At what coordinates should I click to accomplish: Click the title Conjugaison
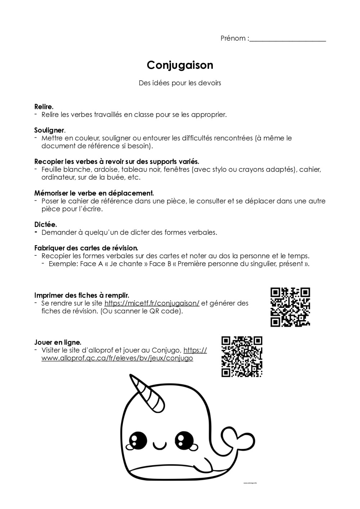180,65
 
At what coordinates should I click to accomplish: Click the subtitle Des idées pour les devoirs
180,83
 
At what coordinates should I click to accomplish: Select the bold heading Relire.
44,106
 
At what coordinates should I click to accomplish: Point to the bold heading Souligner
50,130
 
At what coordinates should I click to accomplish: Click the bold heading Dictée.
45,224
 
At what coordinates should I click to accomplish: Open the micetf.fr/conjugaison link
152,303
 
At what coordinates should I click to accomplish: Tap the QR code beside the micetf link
290,307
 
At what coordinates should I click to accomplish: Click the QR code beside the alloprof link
242,356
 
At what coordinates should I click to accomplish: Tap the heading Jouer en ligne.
58,342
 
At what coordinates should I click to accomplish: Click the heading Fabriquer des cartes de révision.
86,248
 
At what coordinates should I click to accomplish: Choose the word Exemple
63,264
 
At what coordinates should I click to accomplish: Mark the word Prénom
233,38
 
